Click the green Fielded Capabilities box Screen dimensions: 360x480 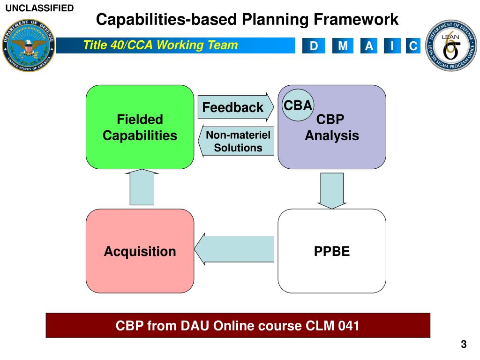140,127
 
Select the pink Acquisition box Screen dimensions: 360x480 140,251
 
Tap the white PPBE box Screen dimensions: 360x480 332,251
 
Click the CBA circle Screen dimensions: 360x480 298,105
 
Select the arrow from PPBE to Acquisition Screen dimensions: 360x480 234,249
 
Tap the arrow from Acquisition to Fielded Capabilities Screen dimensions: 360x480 142,187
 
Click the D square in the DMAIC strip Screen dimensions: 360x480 314,46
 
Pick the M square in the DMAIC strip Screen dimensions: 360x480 343,46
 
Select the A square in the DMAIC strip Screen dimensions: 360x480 369,46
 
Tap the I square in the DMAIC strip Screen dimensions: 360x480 392,46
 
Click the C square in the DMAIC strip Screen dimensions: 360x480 413,46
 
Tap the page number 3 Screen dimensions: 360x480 464,345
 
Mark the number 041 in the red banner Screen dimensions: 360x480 348,325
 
